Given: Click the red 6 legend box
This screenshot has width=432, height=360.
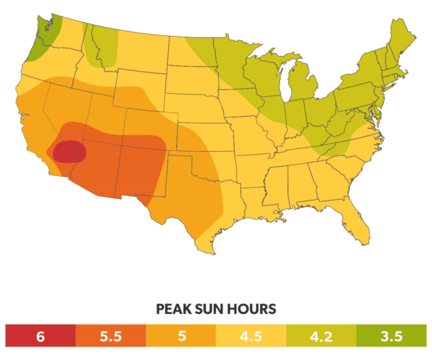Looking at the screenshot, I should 40,336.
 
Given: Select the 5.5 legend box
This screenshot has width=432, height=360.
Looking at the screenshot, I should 110,336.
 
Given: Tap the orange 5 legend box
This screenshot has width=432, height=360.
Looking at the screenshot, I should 181,336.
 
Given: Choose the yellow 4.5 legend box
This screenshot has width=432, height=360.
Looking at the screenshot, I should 251,336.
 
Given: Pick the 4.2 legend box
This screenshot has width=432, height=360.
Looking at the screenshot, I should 321,336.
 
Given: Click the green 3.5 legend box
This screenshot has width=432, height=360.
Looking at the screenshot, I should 391,336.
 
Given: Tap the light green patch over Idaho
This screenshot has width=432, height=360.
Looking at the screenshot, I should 104,48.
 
